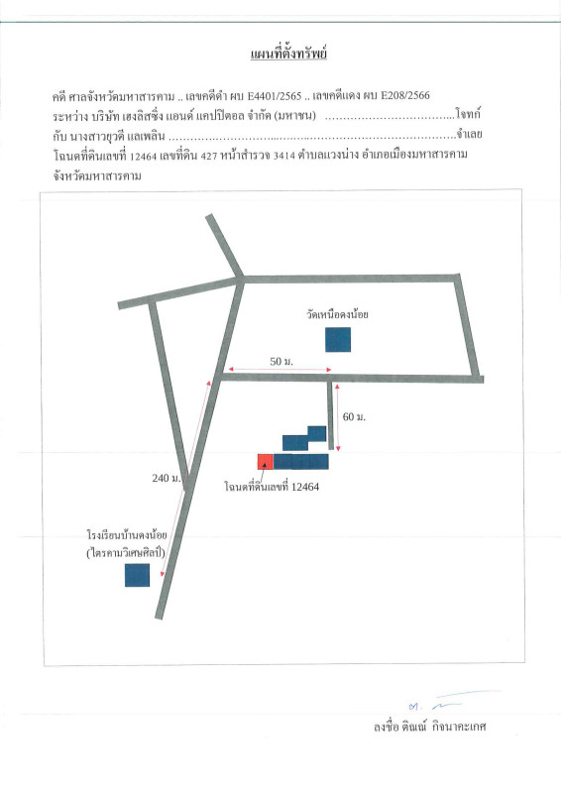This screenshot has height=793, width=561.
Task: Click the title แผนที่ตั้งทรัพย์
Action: tap(288, 55)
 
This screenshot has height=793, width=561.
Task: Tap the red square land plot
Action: tap(265, 462)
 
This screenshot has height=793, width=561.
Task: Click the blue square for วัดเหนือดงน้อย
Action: tap(338, 339)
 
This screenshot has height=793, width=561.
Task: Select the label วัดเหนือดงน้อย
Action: tap(337, 314)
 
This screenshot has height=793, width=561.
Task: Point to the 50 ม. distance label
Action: tap(281, 361)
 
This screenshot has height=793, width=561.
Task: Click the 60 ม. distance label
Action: tap(354, 416)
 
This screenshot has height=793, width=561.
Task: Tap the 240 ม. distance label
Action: tap(167, 478)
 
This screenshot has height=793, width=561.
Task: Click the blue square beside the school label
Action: tap(137, 575)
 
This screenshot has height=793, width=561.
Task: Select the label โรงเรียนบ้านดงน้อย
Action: tap(127, 535)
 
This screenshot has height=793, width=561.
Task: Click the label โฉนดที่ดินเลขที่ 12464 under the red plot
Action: tap(272, 487)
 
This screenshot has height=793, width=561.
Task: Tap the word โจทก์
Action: tap(468, 114)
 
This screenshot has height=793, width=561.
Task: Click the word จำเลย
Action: tap(469, 135)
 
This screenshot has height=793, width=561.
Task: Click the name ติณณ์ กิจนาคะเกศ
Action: tap(444, 727)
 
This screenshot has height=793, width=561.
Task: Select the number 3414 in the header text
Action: tap(283, 156)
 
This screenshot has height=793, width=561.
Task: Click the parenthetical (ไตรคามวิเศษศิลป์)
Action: tap(126, 552)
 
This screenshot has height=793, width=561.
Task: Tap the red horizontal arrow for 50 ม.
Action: tap(280, 370)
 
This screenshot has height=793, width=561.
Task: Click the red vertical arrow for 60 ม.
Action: tap(337, 417)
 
